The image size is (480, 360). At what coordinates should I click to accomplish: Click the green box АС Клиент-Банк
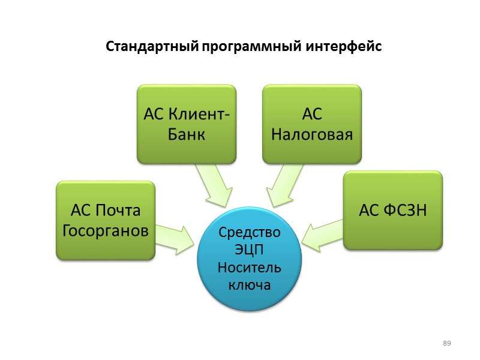(x=187, y=124)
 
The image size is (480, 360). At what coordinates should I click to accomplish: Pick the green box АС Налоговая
(x=312, y=124)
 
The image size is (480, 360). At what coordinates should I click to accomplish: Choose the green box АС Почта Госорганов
(x=106, y=220)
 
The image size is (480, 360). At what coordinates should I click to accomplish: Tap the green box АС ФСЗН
(x=393, y=210)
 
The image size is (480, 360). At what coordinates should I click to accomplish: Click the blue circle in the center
(x=250, y=259)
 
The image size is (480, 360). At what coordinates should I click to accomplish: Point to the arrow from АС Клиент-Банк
(x=214, y=184)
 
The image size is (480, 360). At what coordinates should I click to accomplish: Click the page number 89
(x=446, y=343)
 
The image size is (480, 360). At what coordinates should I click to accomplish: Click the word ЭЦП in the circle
(x=250, y=250)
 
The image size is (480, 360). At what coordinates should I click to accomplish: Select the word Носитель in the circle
(x=250, y=267)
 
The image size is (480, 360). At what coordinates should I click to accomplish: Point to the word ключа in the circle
(x=250, y=284)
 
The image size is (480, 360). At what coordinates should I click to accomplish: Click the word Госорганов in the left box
(x=106, y=230)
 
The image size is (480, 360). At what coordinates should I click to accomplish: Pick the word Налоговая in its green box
(x=312, y=134)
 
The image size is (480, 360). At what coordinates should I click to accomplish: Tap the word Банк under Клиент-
(x=187, y=134)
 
